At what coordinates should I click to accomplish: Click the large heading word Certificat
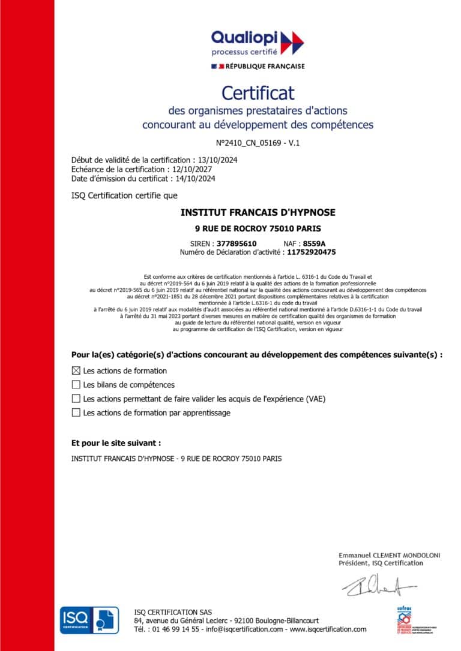point(258,93)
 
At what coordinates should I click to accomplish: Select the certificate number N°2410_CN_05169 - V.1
point(258,143)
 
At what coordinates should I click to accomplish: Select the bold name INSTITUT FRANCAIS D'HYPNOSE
point(258,212)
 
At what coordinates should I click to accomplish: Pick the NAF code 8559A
point(314,243)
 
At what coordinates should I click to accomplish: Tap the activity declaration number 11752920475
point(311,252)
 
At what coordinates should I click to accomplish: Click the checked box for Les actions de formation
point(76,370)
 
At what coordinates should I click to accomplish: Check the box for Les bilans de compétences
point(76,384)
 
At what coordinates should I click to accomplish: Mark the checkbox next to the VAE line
point(76,398)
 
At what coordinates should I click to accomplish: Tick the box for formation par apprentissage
point(76,412)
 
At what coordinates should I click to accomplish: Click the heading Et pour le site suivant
point(116,443)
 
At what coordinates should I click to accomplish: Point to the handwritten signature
point(378,586)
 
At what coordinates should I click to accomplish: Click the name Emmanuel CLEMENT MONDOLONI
point(389,555)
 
